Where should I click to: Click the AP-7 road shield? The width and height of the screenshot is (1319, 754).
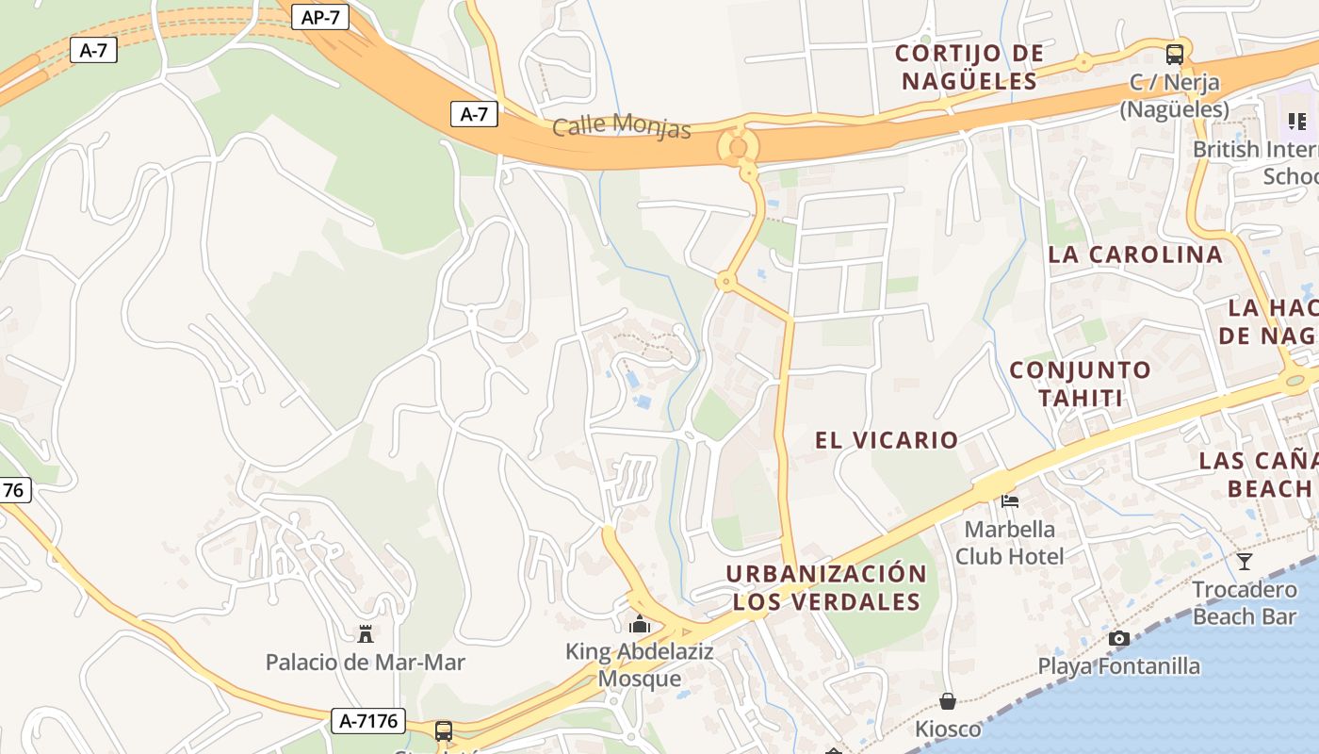coord(320,17)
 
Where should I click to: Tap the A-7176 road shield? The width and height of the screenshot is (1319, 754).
coord(369,722)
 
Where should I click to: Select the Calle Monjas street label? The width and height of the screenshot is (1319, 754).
coord(622,125)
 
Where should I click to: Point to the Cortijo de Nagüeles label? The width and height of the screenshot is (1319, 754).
coord(969,67)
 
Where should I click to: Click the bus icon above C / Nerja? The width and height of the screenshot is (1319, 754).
coord(1174,54)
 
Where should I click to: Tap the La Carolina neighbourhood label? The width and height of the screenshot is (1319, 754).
coord(1135,254)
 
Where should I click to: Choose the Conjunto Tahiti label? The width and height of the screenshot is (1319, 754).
coord(1081,384)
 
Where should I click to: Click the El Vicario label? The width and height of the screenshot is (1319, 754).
coord(887,440)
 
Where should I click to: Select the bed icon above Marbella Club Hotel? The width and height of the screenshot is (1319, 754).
coord(1010,500)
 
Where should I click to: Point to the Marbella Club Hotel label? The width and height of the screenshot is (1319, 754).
coord(1010,542)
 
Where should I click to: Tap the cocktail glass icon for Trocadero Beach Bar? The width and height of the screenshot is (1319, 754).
coord(1245,562)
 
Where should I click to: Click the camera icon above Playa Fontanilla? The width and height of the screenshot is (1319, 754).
coord(1119,638)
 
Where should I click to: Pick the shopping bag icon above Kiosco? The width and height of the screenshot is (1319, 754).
coord(948,701)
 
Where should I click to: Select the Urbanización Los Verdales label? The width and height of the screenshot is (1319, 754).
coord(826,587)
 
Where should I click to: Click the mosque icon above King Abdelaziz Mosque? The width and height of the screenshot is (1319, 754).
coord(640,624)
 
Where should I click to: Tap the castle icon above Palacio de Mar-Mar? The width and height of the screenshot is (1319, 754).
coord(366,633)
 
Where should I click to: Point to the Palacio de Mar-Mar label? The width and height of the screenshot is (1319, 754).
coord(366,663)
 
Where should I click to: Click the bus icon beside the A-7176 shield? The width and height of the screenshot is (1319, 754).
coord(443,730)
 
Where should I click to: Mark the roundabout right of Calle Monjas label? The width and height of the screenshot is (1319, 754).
coord(737,147)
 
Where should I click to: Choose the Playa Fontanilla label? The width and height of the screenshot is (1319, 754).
coord(1119,666)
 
